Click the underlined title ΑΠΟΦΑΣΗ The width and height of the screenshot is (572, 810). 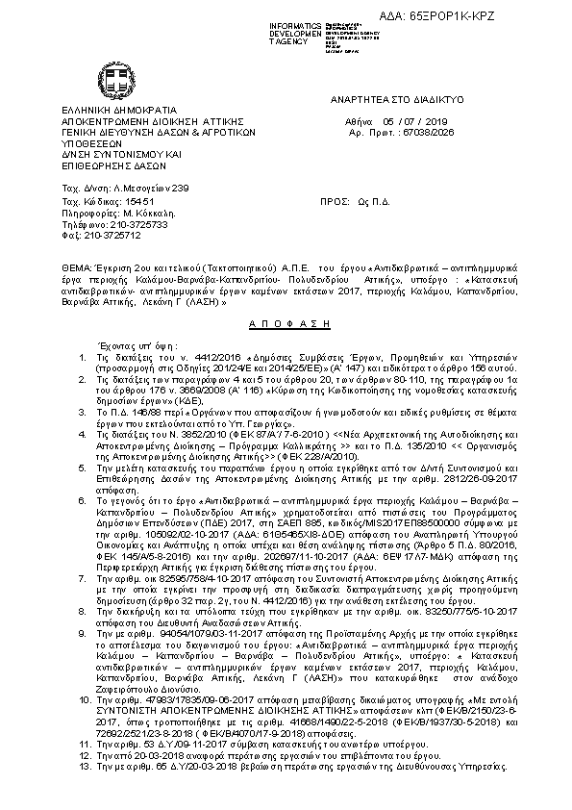tap(262, 325)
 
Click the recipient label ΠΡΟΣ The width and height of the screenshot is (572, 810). tap(337, 202)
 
